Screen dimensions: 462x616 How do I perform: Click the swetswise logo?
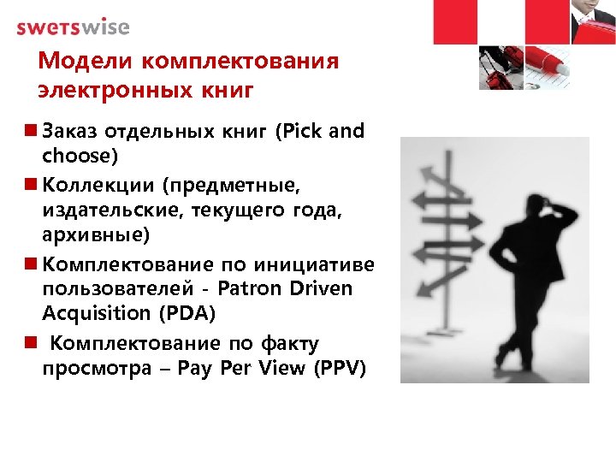(73, 27)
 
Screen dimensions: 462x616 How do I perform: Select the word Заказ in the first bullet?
(71, 132)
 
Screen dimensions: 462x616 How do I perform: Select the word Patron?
(252, 288)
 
